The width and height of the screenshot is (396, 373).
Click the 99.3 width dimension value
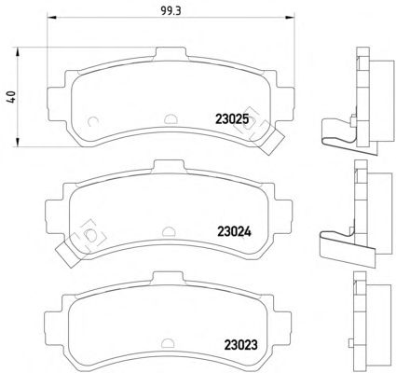(171, 11)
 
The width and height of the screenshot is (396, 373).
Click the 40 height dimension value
(11, 97)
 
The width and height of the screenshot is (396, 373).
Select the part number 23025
(232, 118)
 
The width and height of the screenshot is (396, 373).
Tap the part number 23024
(234, 231)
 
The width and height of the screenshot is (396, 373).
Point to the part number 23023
(240, 344)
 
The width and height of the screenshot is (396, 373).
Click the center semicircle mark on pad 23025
(171, 118)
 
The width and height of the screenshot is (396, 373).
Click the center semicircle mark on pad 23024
(169, 231)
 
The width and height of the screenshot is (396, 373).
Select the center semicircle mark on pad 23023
(168, 343)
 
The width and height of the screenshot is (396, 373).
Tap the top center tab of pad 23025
(171, 53)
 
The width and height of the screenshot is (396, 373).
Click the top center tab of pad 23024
(170, 166)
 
